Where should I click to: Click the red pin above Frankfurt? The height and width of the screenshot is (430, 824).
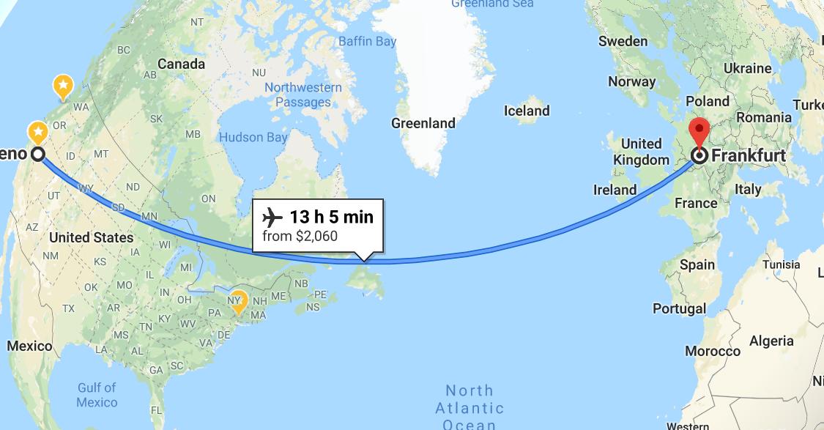(x=699, y=130)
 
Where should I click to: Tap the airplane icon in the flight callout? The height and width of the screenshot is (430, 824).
(x=272, y=218)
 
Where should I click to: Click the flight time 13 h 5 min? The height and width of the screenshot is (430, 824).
(x=332, y=218)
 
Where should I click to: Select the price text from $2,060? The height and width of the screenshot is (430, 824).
(x=300, y=237)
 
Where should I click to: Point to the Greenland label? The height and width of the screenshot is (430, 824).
(x=423, y=123)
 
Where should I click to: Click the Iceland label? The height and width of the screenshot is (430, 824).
(x=527, y=111)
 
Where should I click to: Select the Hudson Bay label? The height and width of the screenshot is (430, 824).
(x=253, y=137)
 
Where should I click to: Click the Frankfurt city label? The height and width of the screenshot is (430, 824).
(x=749, y=156)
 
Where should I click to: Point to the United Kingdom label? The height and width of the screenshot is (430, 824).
(x=641, y=152)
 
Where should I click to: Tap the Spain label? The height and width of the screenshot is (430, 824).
(x=697, y=264)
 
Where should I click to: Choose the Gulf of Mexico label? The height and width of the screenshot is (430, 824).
(x=97, y=395)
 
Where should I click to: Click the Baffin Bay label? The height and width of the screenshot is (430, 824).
(x=367, y=42)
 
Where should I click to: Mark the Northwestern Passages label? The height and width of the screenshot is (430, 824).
(x=303, y=95)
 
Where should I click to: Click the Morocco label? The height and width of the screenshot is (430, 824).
(x=713, y=352)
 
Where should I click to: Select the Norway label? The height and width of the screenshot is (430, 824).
(x=631, y=82)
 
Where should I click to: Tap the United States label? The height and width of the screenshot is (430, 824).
(x=91, y=237)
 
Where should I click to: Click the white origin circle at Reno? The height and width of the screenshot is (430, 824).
(x=37, y=155)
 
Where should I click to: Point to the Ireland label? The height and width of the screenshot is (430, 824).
(x=615, y=190)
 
